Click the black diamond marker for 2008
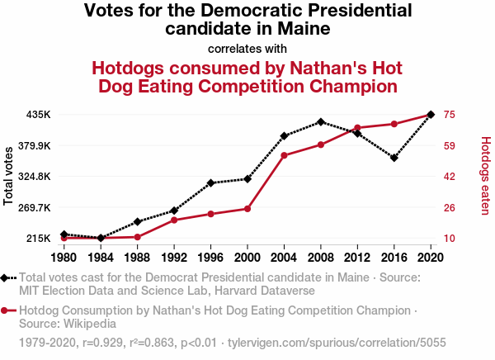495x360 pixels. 321,121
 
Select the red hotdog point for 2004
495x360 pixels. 284,155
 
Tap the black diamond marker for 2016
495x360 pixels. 394,158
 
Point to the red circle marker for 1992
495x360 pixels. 174,220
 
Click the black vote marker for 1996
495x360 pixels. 210,182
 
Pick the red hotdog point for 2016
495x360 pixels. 394,124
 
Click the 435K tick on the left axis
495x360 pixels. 39,114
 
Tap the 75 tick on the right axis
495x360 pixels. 450,114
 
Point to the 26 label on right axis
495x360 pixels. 450,208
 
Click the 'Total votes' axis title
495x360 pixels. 9,175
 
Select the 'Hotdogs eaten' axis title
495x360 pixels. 485,175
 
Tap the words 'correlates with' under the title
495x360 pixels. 247,48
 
